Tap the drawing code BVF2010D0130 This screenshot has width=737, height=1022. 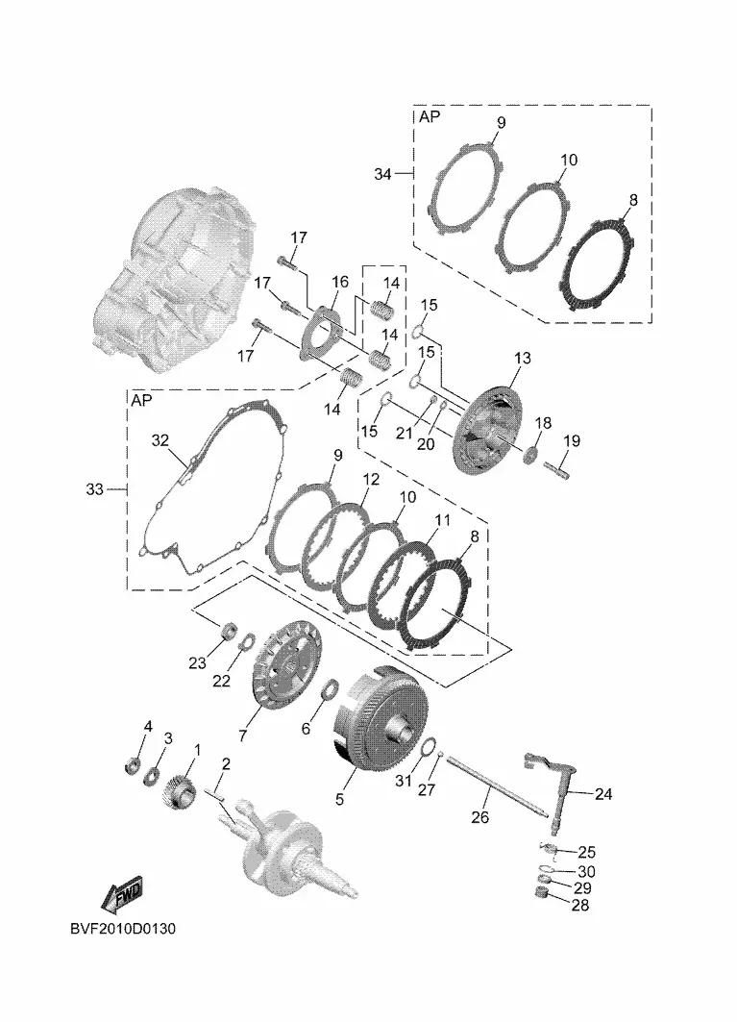tap(123, 928)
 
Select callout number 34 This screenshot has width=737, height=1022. tap(382, 174)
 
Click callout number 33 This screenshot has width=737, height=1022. tap(94, 488)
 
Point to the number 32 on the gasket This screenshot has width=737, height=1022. tap(160, 440)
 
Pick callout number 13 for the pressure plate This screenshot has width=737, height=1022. tap(522, 358)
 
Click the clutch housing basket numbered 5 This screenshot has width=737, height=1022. tap(379, 721)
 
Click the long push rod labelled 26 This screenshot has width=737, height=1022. tap(499, 792)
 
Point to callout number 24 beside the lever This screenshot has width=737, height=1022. tap(603, 794)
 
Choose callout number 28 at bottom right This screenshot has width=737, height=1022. tap(580, 906)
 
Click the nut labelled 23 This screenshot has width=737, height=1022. tap(229, 631)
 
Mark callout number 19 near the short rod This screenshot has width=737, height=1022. tap(572, 440)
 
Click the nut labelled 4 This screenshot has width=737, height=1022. tap(133, 763)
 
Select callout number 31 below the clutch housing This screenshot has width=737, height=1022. tap(404, 779)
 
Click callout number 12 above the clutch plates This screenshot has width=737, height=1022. tap(371, 480)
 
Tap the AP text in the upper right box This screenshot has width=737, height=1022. tap(430, 116)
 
